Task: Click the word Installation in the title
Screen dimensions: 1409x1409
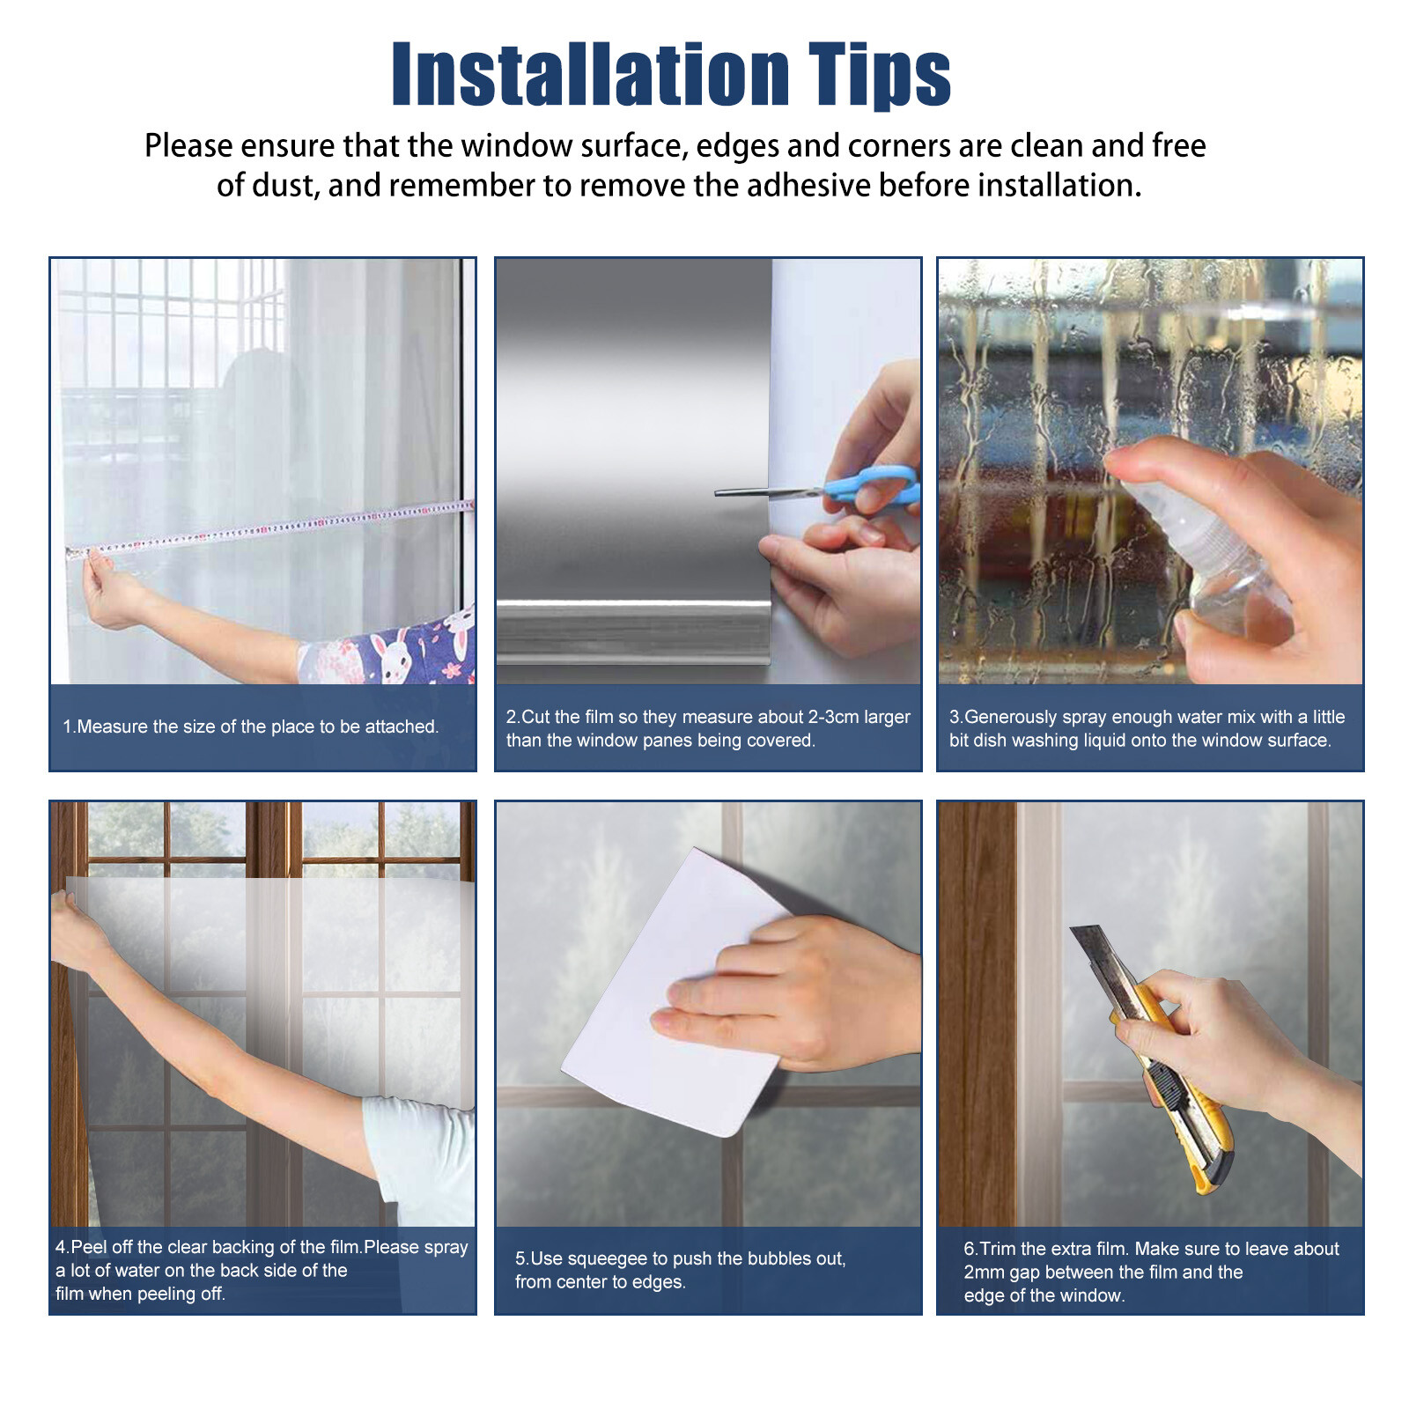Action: [590, 76]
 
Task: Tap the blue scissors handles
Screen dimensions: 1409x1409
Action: [872, 486]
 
